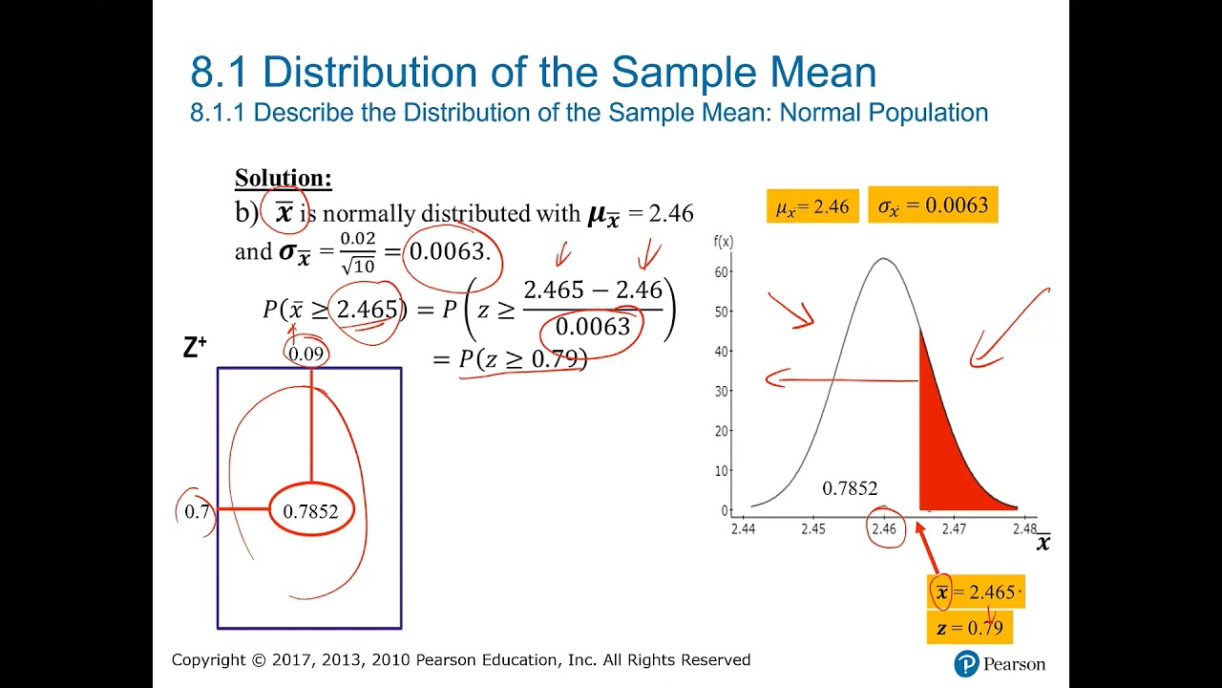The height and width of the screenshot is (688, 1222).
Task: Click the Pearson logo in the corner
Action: (999, 663)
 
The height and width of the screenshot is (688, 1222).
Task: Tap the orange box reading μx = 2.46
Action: (811, 206)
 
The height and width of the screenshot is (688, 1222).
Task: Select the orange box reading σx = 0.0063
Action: (933, 204)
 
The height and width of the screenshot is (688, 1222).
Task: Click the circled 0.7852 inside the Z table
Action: (310, 511)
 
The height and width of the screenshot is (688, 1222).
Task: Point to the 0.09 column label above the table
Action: (306, 354)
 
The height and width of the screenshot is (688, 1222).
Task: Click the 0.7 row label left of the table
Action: (197, 512)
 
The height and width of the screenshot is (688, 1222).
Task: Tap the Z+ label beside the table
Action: (195, 349)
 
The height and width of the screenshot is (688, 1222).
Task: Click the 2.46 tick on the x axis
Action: (884, 528)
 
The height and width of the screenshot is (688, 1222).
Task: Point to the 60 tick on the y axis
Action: (722, 271)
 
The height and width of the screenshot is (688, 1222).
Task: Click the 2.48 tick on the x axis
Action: (1023, 528)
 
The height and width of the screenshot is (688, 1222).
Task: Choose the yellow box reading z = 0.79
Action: (969, 628)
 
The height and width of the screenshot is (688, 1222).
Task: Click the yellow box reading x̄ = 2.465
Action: (977, 592)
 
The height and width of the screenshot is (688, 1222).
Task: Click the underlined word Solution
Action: (284, 179)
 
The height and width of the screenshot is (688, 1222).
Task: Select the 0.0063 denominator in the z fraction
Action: (592, 327)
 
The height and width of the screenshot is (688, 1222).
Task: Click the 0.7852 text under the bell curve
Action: (850, 488)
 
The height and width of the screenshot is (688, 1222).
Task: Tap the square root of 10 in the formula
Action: (357, 267)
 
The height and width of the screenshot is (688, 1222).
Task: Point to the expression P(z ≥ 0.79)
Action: (522, 359)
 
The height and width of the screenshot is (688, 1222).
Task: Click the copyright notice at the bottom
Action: (461, 660)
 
